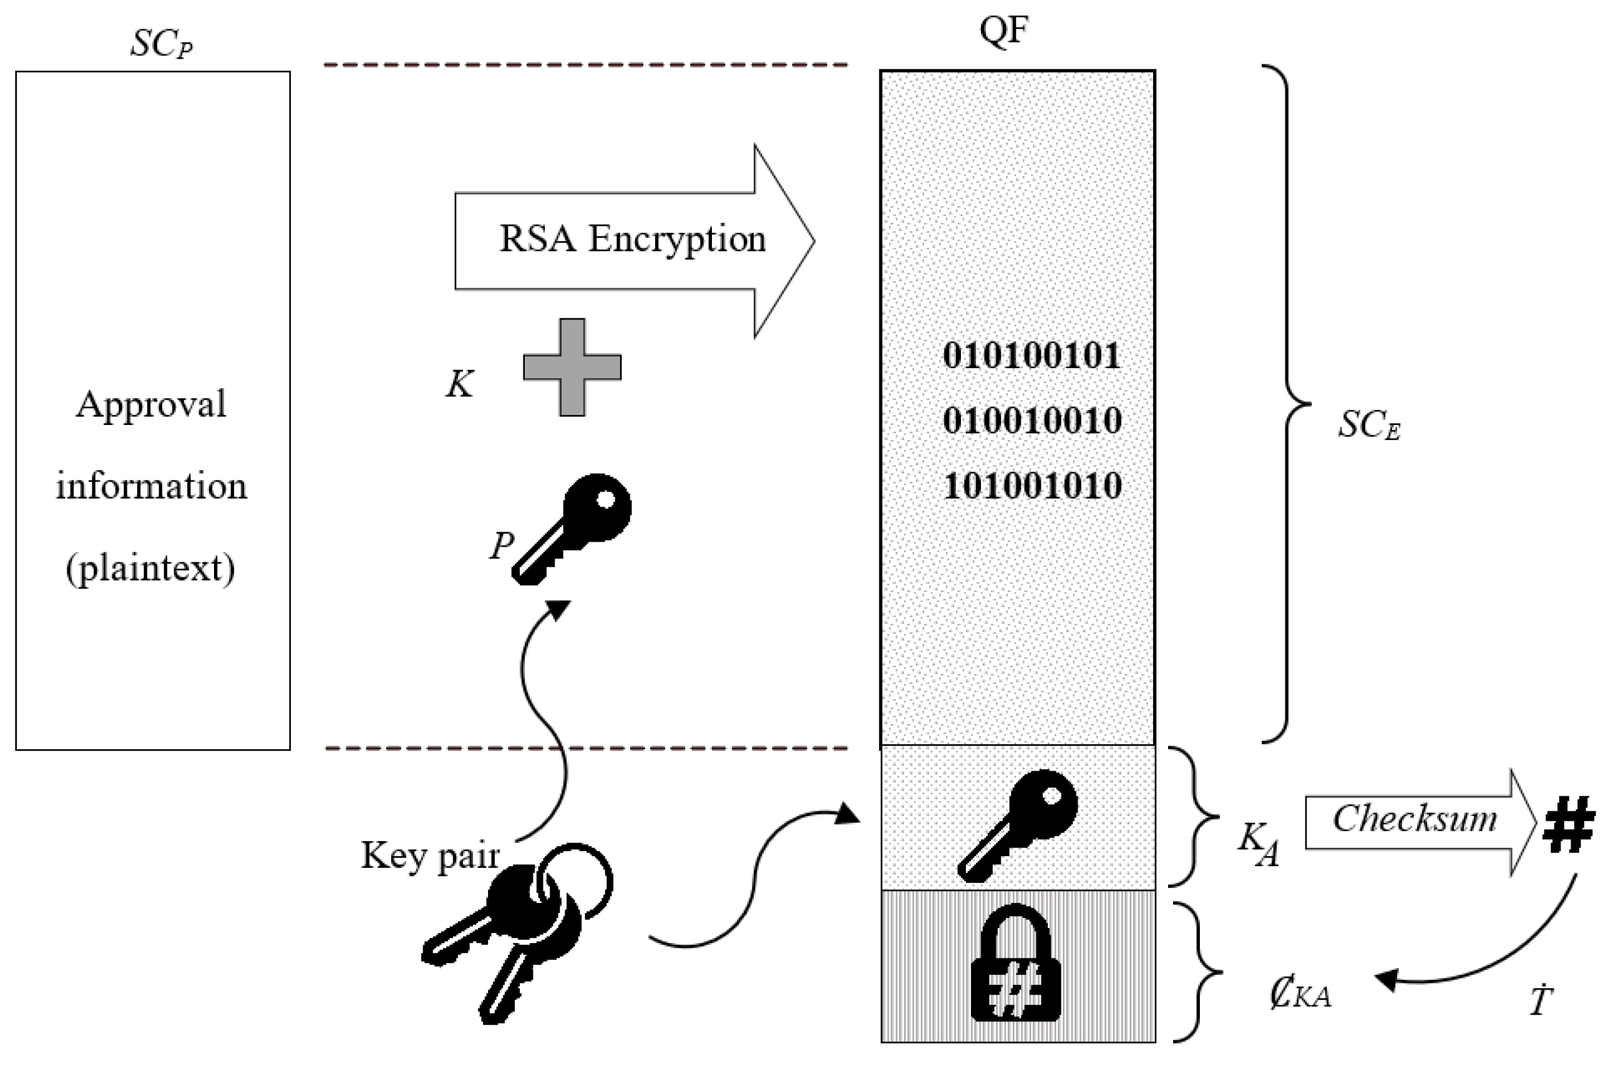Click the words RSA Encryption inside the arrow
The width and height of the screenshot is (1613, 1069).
coord(632,239)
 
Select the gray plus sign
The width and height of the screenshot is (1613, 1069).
coord(572,367)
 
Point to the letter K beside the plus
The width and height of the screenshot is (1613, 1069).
coord(459,384)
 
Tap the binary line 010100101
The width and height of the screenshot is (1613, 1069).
coord(1031,356)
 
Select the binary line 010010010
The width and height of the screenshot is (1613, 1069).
coord(1031,421)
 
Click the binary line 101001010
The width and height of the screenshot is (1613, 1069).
coord(1031,486)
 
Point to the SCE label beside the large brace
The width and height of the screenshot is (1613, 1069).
coord(1368,426)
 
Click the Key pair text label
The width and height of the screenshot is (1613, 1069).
coord(429,855)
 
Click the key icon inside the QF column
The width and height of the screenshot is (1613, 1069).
coord(1018,825)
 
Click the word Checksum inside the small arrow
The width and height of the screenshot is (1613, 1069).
coord(1415,819)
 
